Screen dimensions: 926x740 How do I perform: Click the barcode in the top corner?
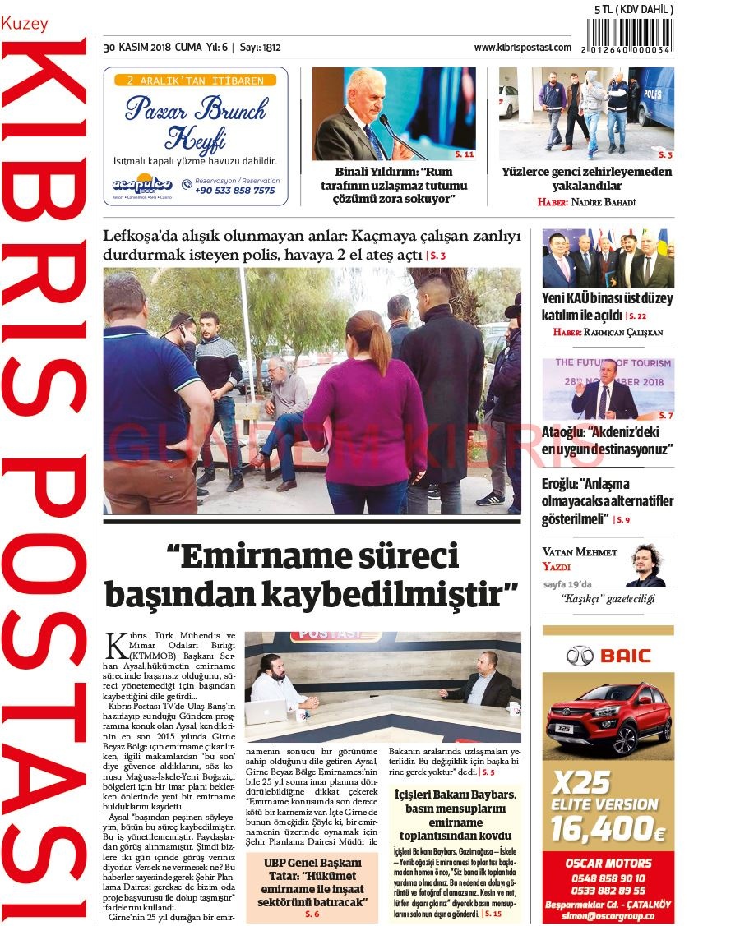[x=629, y=36]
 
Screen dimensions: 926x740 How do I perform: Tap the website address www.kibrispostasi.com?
[x=522, y=48]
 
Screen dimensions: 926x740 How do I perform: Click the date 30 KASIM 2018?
[x=136, y=48]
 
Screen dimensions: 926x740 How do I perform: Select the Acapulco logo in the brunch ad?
[x=142, y=186]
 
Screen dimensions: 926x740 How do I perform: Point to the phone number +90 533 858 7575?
[x=235, y=191]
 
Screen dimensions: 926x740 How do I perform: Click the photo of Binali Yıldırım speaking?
[x=393, y=113]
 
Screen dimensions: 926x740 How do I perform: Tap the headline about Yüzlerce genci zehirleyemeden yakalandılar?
[x=586, y=178]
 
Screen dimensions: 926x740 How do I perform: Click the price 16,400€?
[x=607, y=828]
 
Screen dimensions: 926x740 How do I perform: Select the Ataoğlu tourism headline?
[x=607, y=440]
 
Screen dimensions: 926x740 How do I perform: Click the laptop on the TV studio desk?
[x=266, y=711]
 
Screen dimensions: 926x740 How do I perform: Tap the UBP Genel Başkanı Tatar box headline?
[x=312, y=882]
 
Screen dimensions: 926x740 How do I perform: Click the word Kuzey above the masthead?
[x=25, y=25]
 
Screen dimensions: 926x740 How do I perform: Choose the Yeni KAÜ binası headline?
[x=607, y=306]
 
